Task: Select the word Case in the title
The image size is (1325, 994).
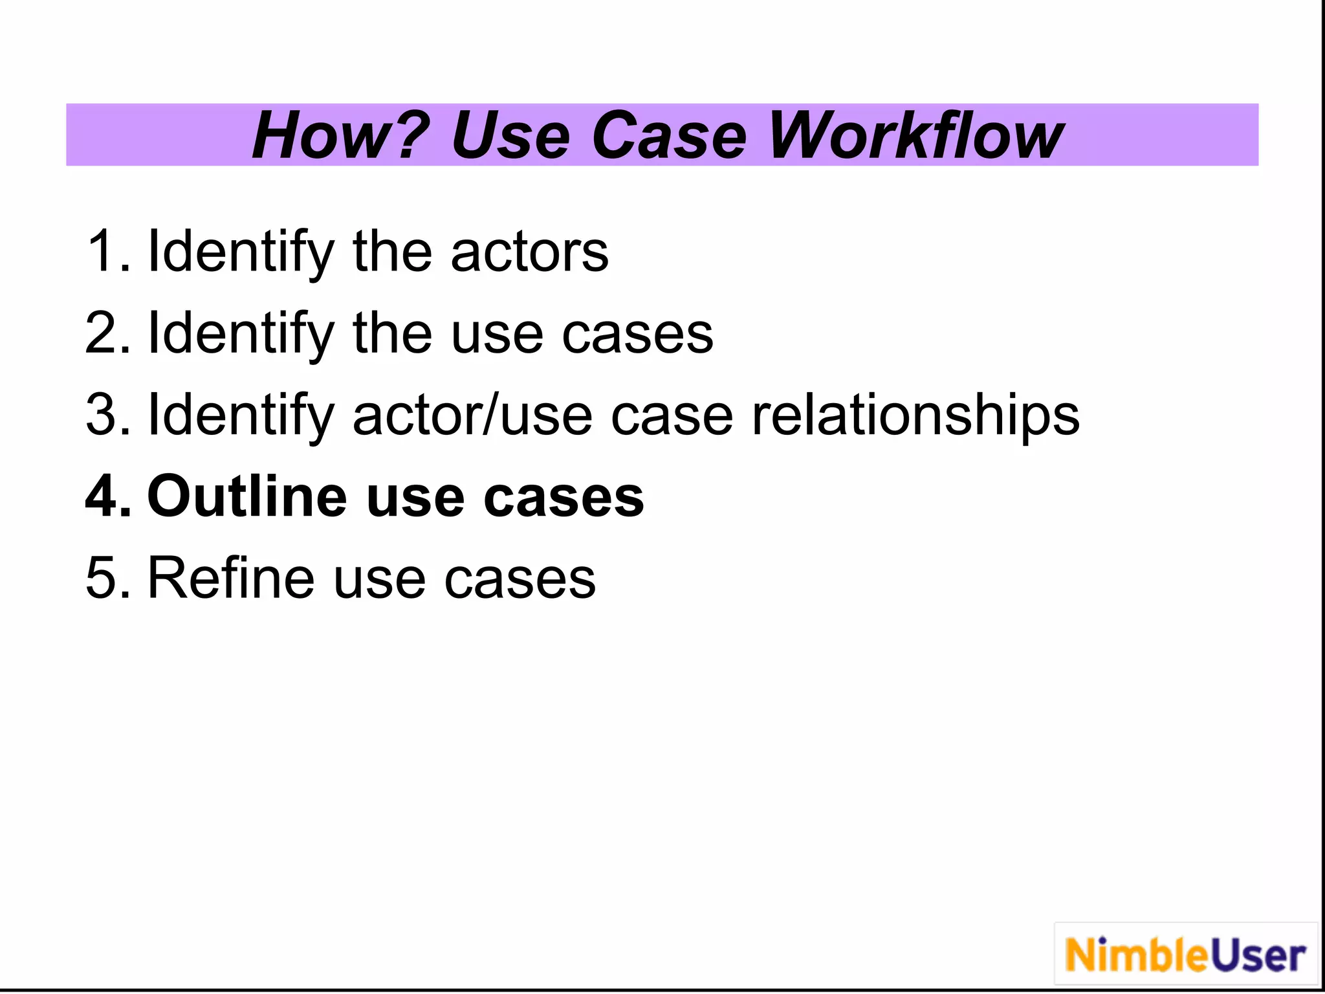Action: [669, 136]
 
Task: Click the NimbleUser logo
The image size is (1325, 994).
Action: [1185, 955]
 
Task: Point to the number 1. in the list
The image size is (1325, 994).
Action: [107, 252]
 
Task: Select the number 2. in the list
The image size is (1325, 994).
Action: [107, 334]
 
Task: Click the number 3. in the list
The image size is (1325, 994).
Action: [107, 415]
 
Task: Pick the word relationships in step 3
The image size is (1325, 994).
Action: [915, 415]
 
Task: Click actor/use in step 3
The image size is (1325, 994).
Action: [472, 415]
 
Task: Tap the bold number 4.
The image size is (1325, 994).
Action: [107, 497]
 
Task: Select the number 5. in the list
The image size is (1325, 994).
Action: [107, 579]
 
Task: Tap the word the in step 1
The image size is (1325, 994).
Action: [392, 252]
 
